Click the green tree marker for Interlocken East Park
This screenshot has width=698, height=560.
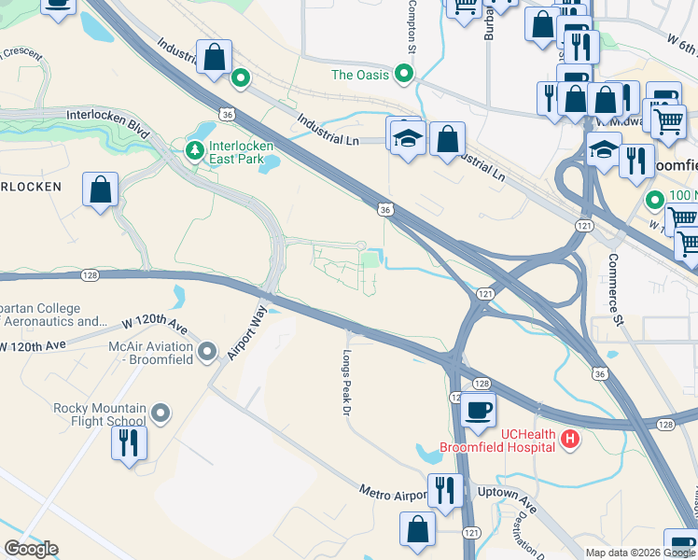(194, 150)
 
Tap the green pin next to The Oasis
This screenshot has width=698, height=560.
(404, 73)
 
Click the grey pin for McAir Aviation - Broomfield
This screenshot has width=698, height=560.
(207, 352)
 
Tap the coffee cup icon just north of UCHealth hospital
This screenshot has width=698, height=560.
(478, 411)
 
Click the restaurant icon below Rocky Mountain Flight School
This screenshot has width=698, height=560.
(129, 442)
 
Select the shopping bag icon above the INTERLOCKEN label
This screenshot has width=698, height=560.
(100, 189)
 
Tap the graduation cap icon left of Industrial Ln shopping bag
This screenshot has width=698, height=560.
(406, 136)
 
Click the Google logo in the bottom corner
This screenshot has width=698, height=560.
(31, 549)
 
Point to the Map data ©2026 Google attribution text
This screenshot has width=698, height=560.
(639, 553)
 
